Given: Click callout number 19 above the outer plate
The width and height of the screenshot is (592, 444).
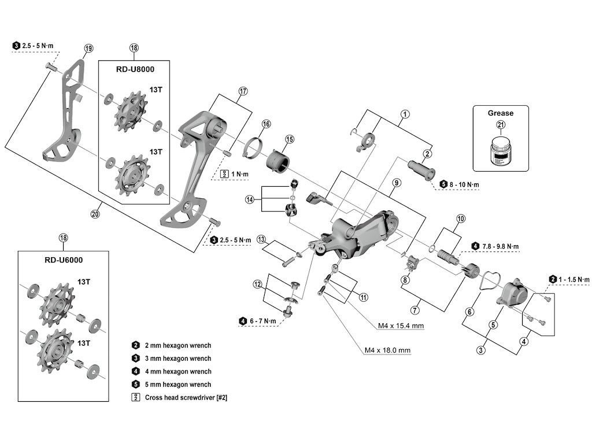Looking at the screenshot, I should pyautogui.click(x=88, y=49).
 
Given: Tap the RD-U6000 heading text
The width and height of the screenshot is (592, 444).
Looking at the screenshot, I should pyautogui.click(x=63, y=260).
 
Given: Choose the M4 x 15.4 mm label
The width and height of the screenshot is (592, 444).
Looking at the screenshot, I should pyautogui.click(x=401, y=326).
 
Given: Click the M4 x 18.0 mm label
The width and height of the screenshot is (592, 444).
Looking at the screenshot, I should pyautogui.click(x=387, y=350).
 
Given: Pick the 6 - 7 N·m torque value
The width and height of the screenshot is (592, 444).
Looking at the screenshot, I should pyautogui.click(x=264, y=321).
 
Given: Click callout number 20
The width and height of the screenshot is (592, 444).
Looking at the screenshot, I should pyautogui.click(x=95, y=214).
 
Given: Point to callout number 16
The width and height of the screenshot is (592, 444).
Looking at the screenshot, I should pyautogui.click(x=266, y=124).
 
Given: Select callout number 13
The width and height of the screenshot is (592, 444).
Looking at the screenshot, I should pyautogui.click(x=261, y=239).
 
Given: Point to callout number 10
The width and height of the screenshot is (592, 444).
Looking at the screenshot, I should pyautogui.click(x=461, y=219).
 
